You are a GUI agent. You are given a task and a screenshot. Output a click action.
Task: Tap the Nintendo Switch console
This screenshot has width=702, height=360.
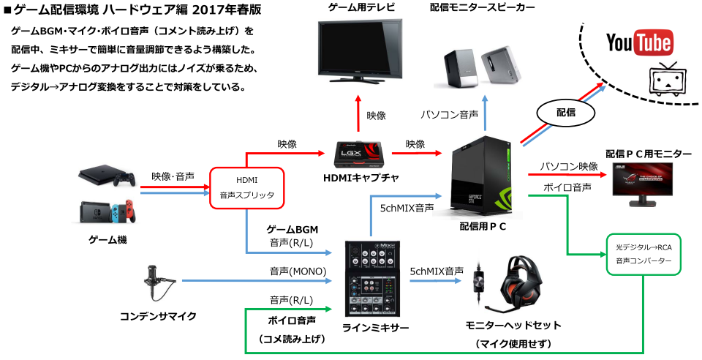pyautogui.click(x=107, y=211)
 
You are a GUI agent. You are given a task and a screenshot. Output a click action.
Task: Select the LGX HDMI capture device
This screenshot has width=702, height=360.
pyautogui.click(x=358, y=154)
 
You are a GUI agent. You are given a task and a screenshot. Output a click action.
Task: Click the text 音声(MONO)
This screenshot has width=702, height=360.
pyautogui.click(x=292, y=271)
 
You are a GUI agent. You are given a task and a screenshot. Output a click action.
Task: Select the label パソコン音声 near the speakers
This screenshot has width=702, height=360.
pyautogui.click(x=450, y=115)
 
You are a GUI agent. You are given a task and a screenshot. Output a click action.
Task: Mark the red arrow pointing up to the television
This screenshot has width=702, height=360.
pyautogui.click(x=358, y=113)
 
